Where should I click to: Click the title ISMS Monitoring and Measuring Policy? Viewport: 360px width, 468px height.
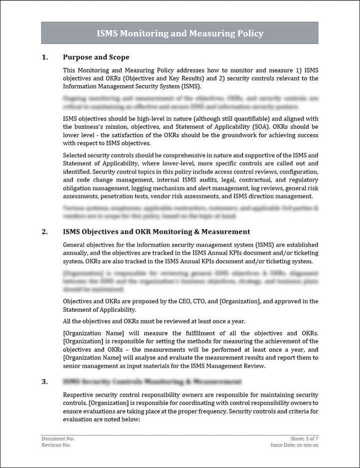coord(179,34)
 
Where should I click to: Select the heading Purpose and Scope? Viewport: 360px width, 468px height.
coord(96,57)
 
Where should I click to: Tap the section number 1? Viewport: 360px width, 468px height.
coord(44,57)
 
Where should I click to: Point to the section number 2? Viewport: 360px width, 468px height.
coord(44,232)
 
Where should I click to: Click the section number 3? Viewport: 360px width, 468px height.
coord(44,381)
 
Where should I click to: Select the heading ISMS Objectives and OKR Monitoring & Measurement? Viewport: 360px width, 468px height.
coord(156,232)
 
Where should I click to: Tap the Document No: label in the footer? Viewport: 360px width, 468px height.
coord(54,438)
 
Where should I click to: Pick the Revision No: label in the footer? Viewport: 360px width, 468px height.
coord(55,444)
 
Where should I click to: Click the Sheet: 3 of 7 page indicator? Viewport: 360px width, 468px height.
coord(304,438)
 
